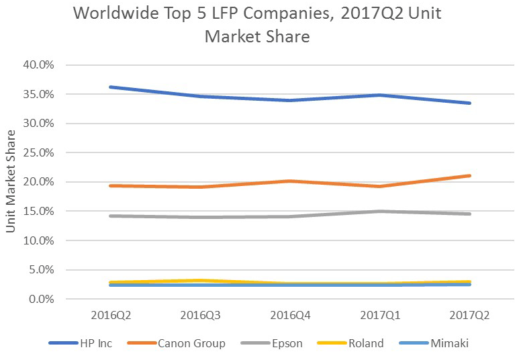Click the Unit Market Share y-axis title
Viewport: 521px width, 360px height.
pyautogui.click(x=11, y=181)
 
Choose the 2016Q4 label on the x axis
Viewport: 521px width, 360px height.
pyautogui.click(x=289, y=314)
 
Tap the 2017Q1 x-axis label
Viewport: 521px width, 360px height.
pyautogui.click(x=379, y=314)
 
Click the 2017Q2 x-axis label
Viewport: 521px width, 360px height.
pyautogui.click(x=469, y=314)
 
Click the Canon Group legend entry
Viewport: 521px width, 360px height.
pyautogui.click(x=182, y=343)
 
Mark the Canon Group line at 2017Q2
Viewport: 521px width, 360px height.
pyautogui.click(x=469, y=175)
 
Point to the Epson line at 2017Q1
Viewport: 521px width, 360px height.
pyautogui.click(x=379, y=211)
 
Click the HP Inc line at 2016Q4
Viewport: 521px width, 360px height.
pyautogui.click(x=289, y=100)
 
